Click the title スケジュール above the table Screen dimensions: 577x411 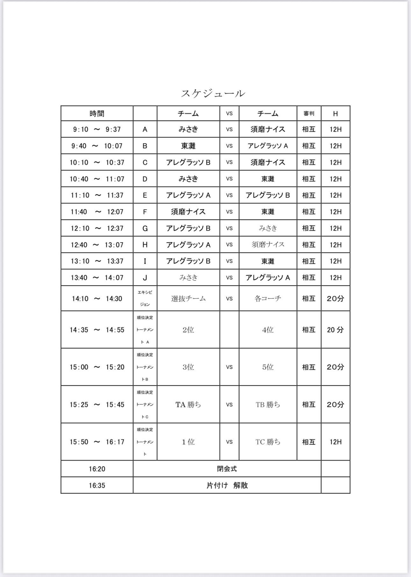click(x=213, y=93)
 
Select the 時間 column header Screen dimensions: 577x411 click(x=97, y=114)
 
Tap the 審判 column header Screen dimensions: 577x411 click(x=309, y=114)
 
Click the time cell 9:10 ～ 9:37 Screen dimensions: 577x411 click(x=97, y=129)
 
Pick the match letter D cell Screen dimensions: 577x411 click(x=145, y=179)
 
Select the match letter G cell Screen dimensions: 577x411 click(x=145, y=228)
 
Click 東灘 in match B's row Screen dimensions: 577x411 click(x=188, y=146)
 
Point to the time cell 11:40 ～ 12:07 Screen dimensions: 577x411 click(x=97, y=212)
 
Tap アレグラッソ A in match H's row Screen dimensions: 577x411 click(x=188, y=245)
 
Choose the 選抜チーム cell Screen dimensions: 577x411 click(x=188, y=299)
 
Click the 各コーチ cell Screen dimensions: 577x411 click(x=268, y=299)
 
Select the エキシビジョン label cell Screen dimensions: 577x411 click(x=145, y=298)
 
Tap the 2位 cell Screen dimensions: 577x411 click(x=188, y=330)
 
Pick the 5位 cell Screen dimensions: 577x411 click(x=268, y=367)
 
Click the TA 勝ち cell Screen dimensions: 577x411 click(x=188, y=405)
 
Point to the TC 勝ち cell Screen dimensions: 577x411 click(x=268, y=442)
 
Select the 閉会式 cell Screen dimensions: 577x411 click(x=227, y=469)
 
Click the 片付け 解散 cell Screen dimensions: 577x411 click(x=227, y=485)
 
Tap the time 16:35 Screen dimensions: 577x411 click(x=97, y=485)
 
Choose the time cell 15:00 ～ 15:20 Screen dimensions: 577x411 click(x=97, y=367)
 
